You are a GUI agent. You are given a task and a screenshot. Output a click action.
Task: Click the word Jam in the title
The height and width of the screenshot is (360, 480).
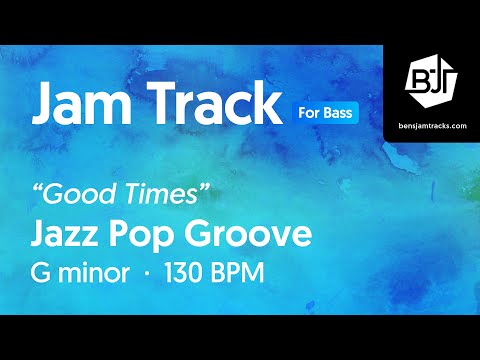[x=83, y=103]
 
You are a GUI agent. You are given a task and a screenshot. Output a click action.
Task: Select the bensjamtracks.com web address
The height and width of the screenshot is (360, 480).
[x=432, y=119]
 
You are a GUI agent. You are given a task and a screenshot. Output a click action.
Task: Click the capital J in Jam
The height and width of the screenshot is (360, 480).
[x=45, y=103]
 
